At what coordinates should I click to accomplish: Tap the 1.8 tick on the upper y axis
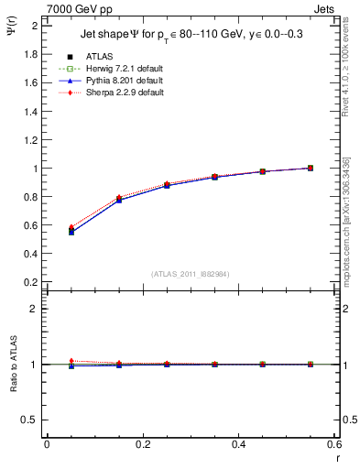coord(32,54)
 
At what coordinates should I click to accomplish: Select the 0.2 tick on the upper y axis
coord(32,283)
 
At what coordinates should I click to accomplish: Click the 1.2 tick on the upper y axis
coord(32,140)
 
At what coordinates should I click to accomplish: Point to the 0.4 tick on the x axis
coord(238,444)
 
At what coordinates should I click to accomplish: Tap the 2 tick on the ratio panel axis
coord(37,309)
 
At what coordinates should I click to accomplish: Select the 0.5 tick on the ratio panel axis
coord(32,420)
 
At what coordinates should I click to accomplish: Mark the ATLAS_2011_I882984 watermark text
coord(191,273)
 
